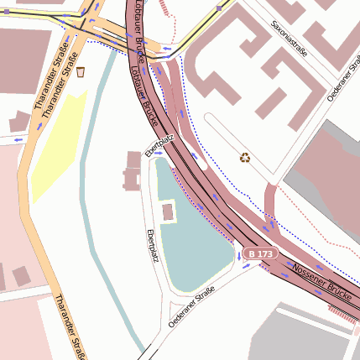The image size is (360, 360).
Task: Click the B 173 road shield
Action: (259, 253)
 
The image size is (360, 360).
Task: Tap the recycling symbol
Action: (245, 157)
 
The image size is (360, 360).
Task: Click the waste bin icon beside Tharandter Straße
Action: (81, 72)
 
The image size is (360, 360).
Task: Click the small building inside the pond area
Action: (168, 211)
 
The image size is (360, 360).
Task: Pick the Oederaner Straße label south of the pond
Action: (191, 307)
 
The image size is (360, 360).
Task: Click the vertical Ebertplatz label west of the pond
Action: (153, 244)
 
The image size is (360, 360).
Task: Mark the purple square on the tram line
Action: (219, 8)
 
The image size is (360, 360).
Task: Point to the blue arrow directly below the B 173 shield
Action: (247, 265)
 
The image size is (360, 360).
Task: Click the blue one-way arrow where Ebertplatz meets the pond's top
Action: (158, 153)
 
